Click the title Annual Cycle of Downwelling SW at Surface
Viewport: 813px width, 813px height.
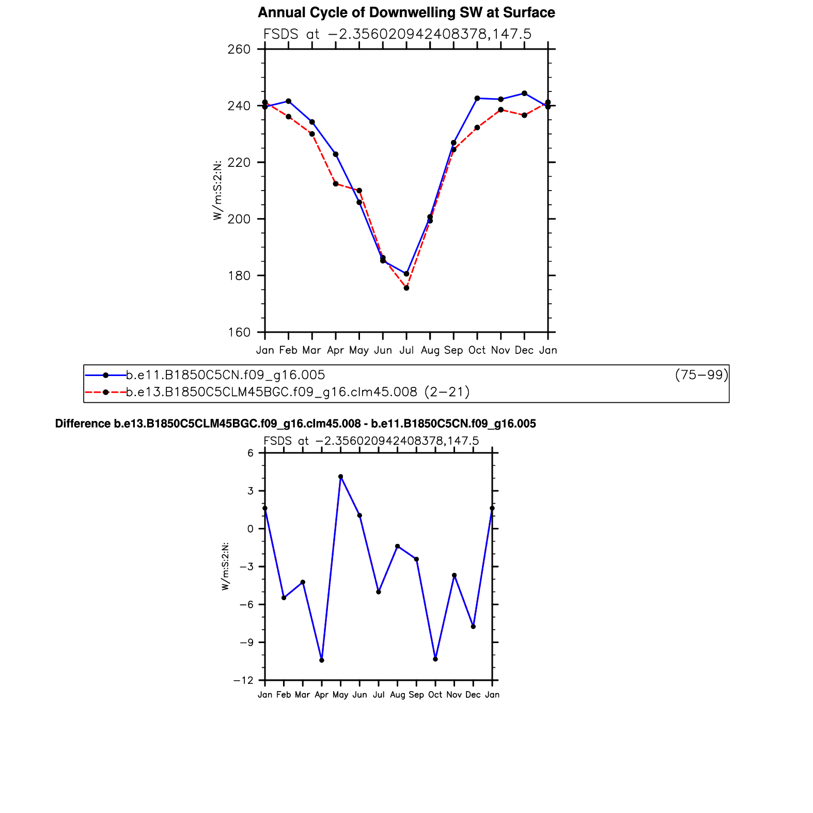pyautogui.click(x=406, y=12)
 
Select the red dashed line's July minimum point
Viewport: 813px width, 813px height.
pyautogui.click(x=406, y=288)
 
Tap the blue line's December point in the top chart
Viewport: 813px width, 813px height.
pyautogui.click(x=524, y=93)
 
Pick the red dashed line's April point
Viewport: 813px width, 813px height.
pyautogui.click(x=336, y=184)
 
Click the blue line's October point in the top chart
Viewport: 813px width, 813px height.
pyautogui.click(x=477, y=98)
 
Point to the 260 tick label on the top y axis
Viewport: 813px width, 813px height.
pyautogui.click(x=239, y=49)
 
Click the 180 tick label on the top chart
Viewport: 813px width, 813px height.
pyautogui.click(x=239, y=276)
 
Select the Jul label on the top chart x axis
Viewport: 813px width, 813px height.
pyautogui.click(x=406, y=350)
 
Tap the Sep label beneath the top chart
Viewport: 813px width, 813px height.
pyautogui.click(x=454, y=350)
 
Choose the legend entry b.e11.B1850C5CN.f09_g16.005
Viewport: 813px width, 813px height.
pyautogui.click(x=226, y=375)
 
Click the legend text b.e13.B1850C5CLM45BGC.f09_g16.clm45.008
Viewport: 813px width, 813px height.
pyautogui.click(x=272, y=392)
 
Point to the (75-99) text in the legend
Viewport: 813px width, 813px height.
pyautogui.click(x=701, y=375)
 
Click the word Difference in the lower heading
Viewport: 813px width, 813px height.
pyautogui.click(x=83, y=424)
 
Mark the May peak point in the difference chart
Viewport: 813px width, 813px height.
pyautogui.click(x=341, y=477)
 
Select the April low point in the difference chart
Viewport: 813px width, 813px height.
pyautogui.click(x=322, y=660)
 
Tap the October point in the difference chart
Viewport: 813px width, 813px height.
pyautogui.click(x=435, y=659)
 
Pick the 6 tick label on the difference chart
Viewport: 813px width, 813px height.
pyautogui.click(x=251, y=453)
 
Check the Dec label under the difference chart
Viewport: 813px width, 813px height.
pyautogui.click(x=473, y=695)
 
